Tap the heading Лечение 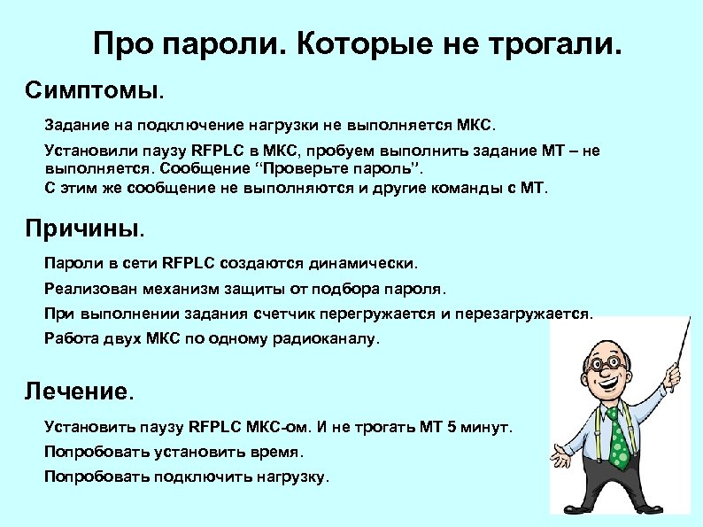tap(81, 390)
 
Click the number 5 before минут tap(452, 427)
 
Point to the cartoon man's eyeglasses tap(611, 364)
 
